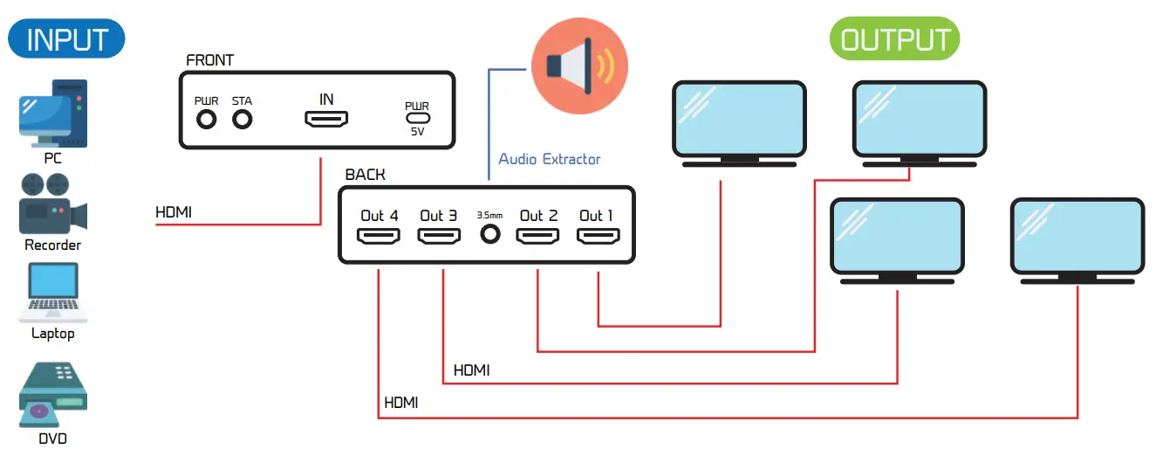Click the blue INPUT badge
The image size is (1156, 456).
coord(66,39)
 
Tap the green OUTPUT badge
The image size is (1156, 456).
coord(895,40)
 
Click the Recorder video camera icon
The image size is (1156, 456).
coord(52,205)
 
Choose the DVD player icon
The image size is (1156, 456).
coord(53,397)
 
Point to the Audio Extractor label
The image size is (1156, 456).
coord(549,159)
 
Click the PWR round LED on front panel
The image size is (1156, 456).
coord(207,119)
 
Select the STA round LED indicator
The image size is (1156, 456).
coord(242,119)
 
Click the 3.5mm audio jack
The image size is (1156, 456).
coord(490,234)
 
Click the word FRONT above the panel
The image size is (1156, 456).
coord(210,60)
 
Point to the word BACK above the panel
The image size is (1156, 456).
coord(365,175)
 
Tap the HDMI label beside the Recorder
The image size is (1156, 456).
coord(174,211)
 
